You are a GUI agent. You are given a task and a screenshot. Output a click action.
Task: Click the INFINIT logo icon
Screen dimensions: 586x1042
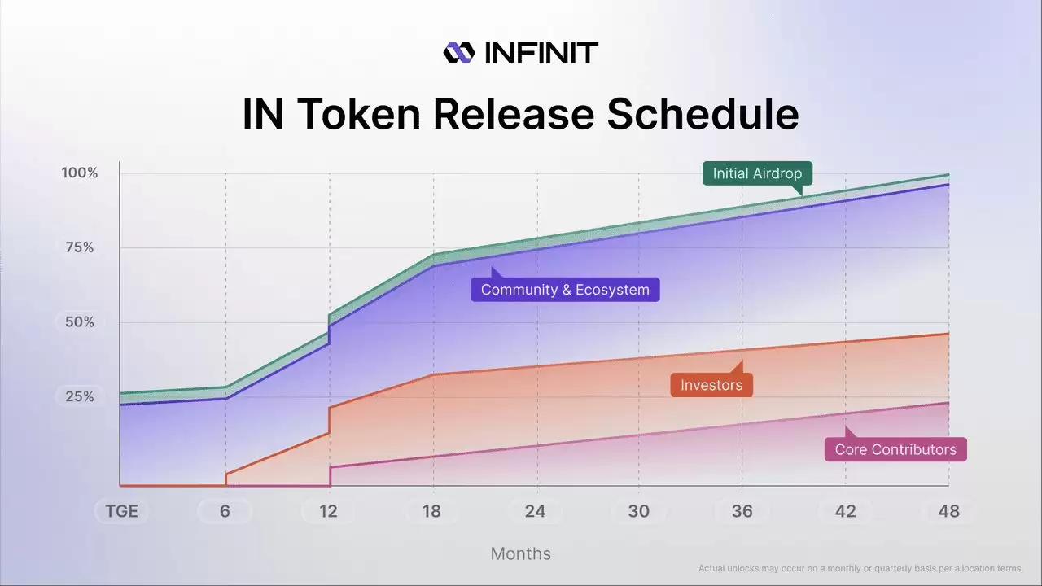[458, 53]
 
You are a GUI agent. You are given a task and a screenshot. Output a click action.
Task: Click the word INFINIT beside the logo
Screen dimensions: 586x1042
[541, 53]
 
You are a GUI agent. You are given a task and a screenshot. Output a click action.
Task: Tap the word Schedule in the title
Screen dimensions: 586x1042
[703, 114]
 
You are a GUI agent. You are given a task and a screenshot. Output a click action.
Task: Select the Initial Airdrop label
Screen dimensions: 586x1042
[757, 173]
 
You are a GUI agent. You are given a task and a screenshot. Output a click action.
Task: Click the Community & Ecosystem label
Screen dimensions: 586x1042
[565, 290]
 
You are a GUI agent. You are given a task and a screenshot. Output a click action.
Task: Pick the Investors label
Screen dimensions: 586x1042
[711, 385]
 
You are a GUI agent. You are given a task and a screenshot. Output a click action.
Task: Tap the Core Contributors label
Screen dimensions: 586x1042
[895, 449]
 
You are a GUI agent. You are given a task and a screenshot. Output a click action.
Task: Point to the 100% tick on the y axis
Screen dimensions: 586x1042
[80, 173]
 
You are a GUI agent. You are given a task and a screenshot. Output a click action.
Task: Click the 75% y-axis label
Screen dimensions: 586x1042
[80, 247]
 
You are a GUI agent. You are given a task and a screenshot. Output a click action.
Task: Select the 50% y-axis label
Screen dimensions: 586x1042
[80, 322]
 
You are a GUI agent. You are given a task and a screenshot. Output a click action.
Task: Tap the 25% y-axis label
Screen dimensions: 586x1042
[80, 397]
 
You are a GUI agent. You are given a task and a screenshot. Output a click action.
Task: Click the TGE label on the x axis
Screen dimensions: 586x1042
[121, 511]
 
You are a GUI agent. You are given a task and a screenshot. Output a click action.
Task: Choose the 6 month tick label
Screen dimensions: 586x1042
[225, 511]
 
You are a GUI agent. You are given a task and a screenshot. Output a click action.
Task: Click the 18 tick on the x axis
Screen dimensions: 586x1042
[431, 511]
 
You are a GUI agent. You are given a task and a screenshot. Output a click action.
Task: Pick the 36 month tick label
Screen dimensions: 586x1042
[742, 511]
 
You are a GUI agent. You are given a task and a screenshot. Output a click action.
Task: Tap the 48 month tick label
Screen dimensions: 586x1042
[948, 511]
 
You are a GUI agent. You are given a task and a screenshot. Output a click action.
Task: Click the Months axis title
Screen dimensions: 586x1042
[520, 553]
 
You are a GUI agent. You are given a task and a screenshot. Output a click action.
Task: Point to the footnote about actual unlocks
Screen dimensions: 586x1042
[860, 568]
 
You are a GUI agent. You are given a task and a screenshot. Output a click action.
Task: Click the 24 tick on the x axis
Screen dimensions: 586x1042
[535, 511]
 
